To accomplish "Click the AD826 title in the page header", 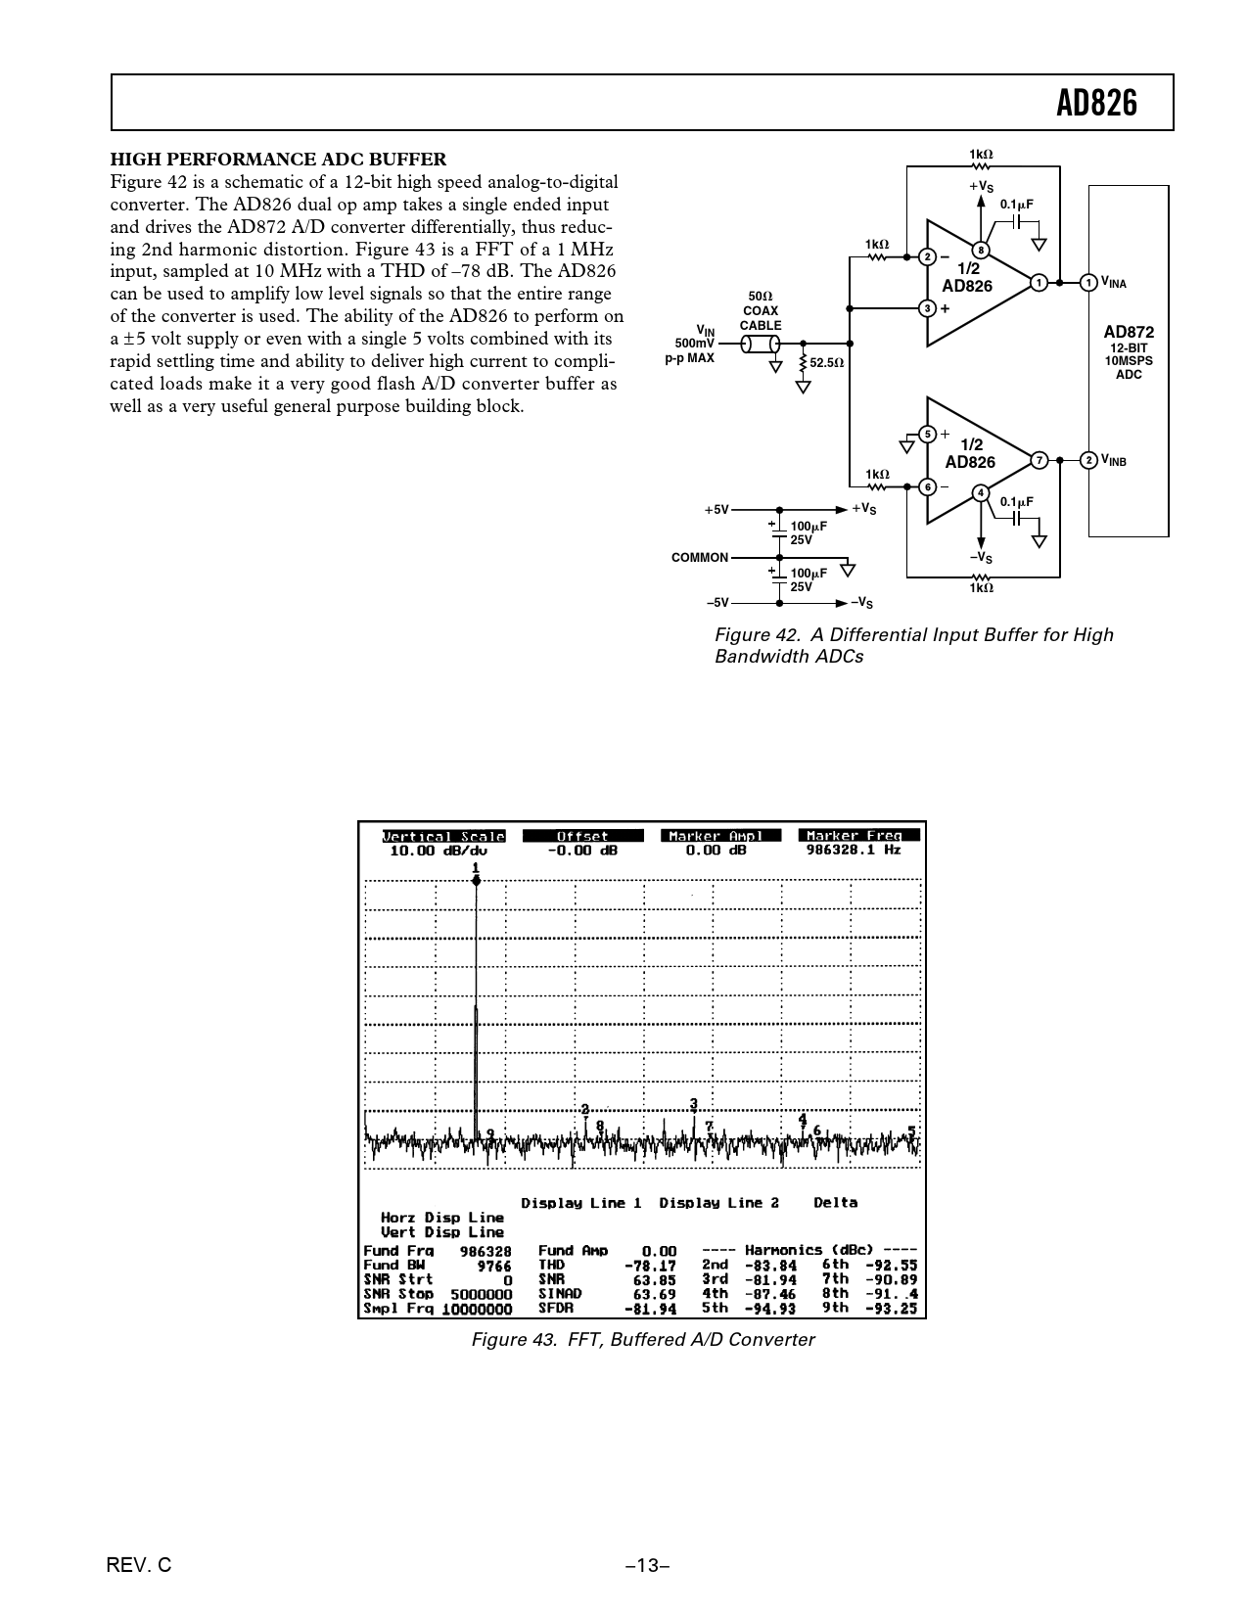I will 1097,103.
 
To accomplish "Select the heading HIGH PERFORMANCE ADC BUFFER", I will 278,160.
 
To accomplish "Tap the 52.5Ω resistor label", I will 827,362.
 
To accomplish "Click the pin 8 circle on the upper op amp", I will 979,250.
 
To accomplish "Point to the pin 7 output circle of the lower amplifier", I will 1039,460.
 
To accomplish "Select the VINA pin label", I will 1114,283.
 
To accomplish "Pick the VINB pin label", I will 1114,460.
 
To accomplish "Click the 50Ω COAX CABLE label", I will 761,310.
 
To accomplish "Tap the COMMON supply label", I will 700,558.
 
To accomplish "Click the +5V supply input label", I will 716,510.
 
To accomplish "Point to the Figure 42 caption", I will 913,645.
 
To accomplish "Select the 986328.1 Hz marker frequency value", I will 853,851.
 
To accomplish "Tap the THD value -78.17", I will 651,1265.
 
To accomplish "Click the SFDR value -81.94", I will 651,1308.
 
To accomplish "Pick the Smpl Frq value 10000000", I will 477,1309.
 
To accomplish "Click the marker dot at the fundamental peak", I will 476,881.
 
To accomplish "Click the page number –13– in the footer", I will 647,1565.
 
